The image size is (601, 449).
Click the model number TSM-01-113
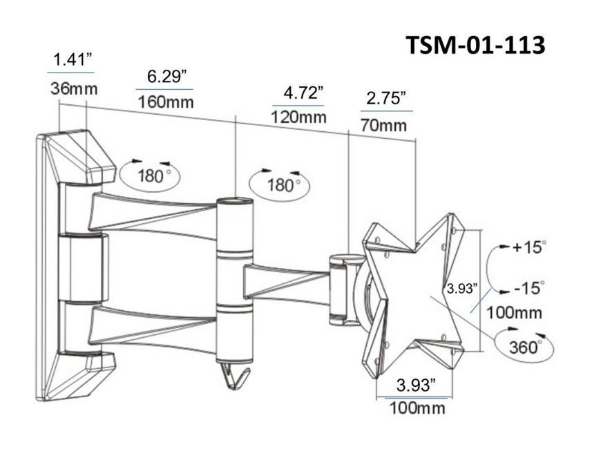point(475,46)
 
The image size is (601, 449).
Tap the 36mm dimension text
point(73,89)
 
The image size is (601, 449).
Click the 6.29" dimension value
point(166,76)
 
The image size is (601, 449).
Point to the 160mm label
point(166,102)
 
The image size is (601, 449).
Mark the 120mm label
point(299,117)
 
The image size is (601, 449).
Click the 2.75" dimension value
point(385,99)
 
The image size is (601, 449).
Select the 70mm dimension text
point(384,126)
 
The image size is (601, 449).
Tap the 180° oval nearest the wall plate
point(151,173)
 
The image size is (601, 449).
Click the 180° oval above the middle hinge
point(280,184)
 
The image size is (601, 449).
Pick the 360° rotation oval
point(524,346)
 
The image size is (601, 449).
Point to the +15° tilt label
point(528,247)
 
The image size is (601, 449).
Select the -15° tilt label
point(528,287)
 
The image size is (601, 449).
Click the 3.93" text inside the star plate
point(461,288)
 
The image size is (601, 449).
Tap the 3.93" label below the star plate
point(415,385)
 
